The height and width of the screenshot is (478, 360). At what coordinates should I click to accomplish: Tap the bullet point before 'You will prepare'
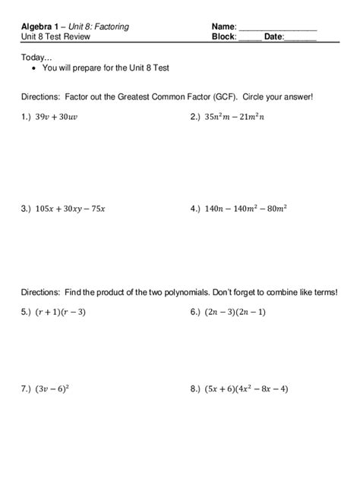(x=35, y=68)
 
